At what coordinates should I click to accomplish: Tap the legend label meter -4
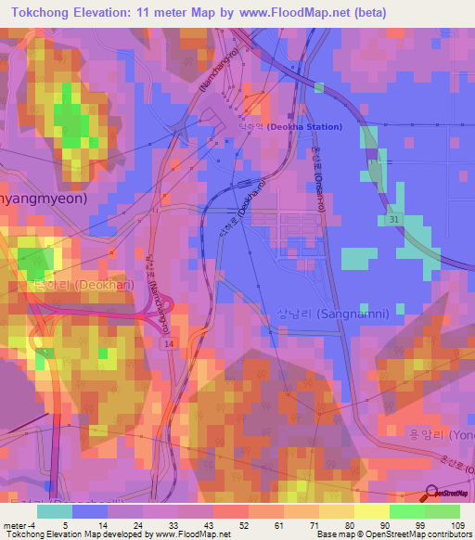coord(19,524)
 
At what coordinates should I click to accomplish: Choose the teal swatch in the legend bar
coord(54,511)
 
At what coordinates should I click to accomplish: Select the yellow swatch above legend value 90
coord(372,511)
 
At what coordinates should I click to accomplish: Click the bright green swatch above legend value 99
coord(407,511)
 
